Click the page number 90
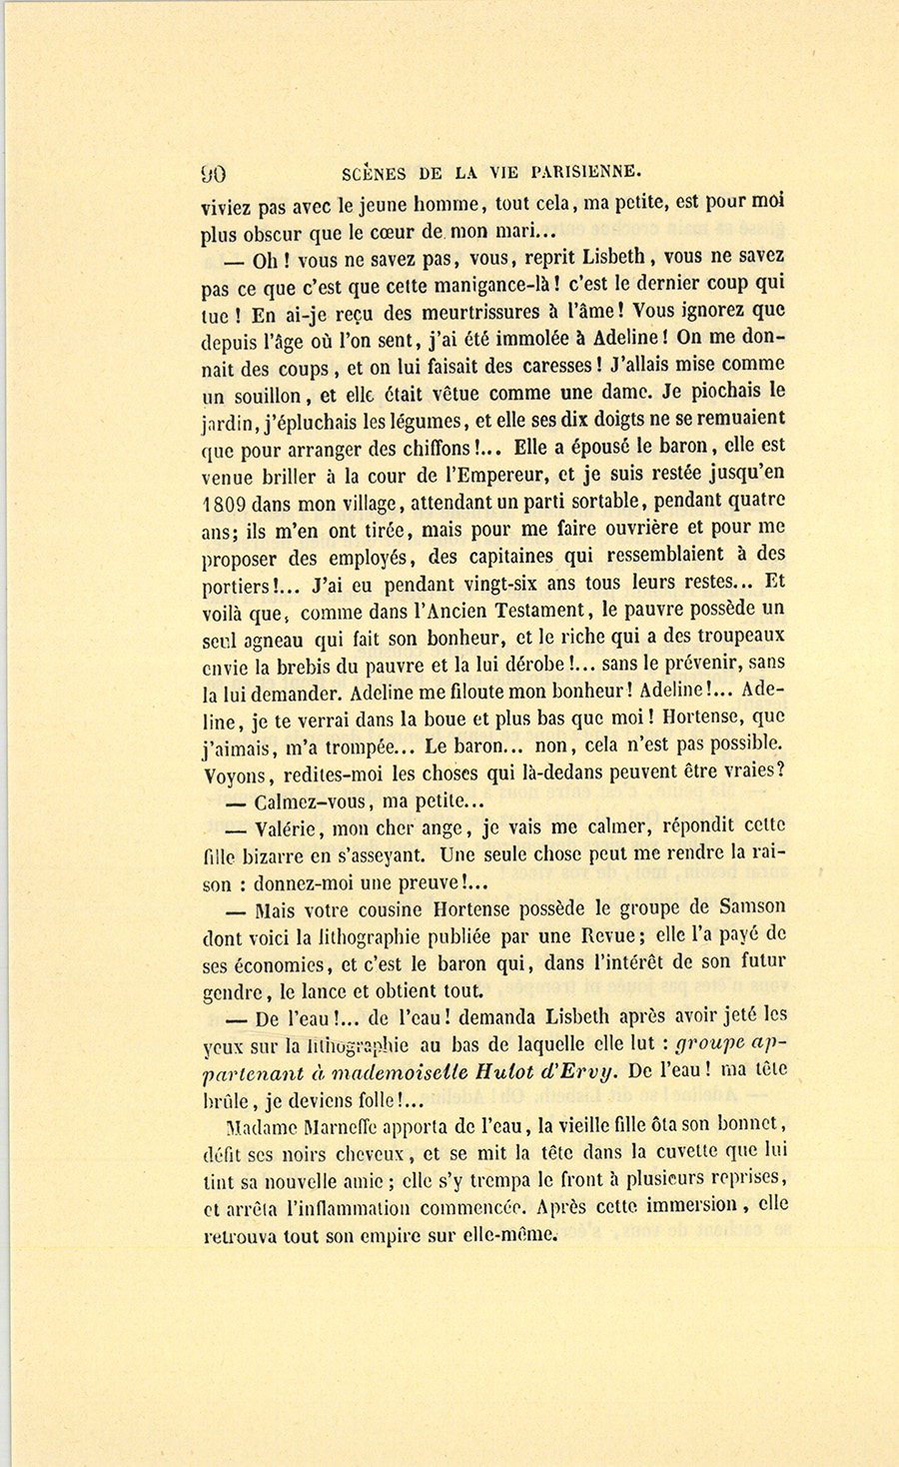pyautogui.click(x=214, y=172)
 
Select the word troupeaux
pyautogui.click(x=735, y=637)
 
